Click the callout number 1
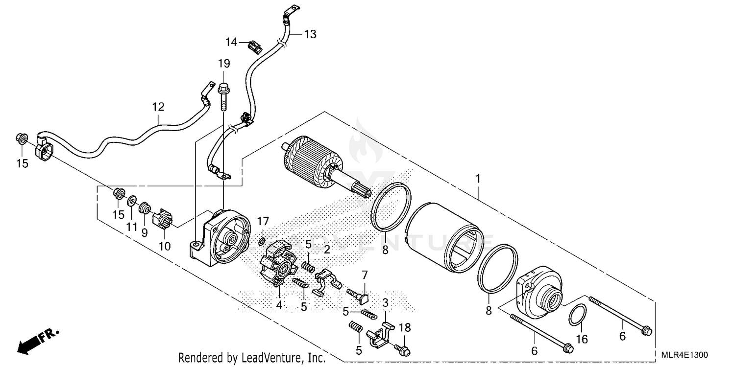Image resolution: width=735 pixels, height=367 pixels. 478,179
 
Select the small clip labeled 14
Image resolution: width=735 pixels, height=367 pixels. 254,46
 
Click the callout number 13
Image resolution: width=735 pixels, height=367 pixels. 310,34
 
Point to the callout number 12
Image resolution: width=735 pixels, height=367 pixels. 158,107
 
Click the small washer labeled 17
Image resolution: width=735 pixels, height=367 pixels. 262,241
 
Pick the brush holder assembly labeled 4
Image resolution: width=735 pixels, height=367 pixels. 277,264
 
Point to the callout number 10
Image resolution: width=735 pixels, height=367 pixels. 165,246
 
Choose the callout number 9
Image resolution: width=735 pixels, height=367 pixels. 145,233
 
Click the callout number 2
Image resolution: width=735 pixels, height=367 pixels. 327,249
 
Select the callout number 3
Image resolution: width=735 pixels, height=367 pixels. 386,303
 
